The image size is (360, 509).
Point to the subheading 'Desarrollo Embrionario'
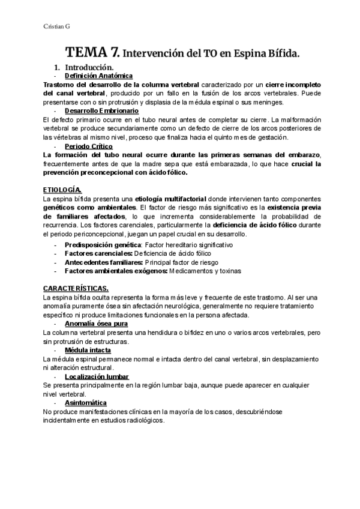pyautogui.click(x=101, y=111)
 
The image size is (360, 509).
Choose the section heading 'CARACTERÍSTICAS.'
pyautogui.click(x=76, y=289)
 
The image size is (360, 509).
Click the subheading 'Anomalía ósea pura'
pyautogui.click(x=95, y=324)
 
